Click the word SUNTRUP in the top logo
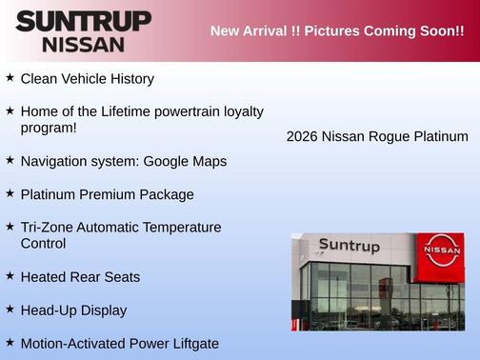click(x=83, y=21)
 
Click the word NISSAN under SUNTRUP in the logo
click(x=83, y=44)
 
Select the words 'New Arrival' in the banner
click(x=245, y=30)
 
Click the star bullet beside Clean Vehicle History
click(x=10, y=77)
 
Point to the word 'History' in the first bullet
click(x=129, y=79)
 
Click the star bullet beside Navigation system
click(x=10, y=159)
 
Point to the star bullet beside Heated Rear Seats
click(x=10, y=275)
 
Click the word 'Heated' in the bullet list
click(x=44, y=277)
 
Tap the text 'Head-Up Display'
click(x=73, y=310)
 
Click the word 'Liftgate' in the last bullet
click(x=190, y=344)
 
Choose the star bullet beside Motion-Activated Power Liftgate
click(x=10, y=342)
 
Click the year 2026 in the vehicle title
click(x=302, y=137)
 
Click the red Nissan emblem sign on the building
click(x=442, y=250)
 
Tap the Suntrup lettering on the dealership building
click(x=349, y=246)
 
